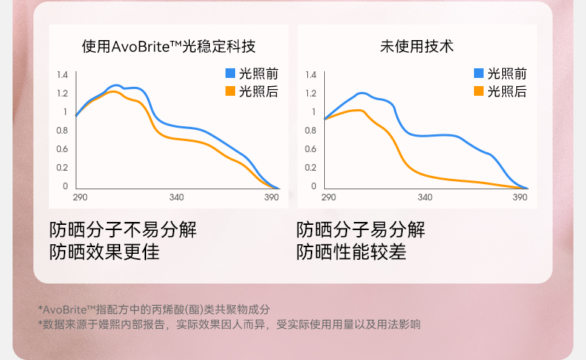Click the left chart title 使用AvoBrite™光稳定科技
pos(168,47)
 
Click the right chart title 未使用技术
pos(417,47)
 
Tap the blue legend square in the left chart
pos(230,73)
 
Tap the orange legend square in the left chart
pos(230,91)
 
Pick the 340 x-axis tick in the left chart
pos(177,197)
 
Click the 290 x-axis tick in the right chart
pos(329,197)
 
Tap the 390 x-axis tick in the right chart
pos(521,197)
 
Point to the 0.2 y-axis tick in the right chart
pos(310,168)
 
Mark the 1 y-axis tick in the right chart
pos(313,112)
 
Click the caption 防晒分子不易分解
pos(122,229)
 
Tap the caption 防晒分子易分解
pos(361,229)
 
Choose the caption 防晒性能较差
pos(352,252)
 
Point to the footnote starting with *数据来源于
pos(229,324)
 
